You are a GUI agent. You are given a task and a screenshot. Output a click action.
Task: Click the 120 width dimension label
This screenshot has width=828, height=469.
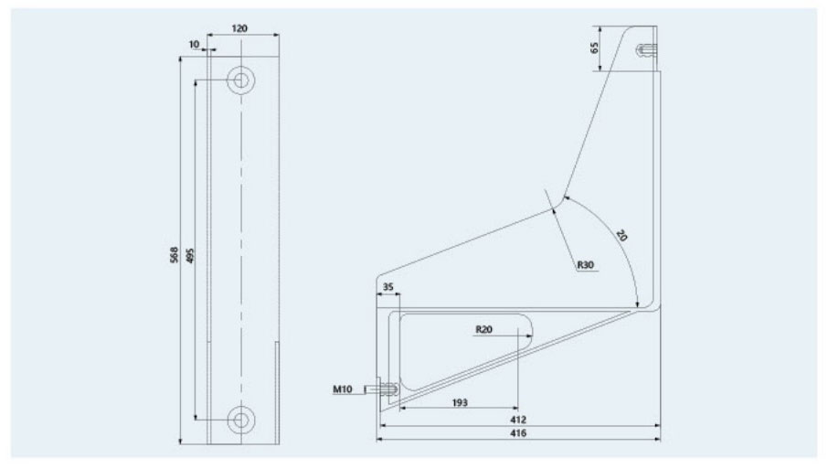click(x=239, y=28)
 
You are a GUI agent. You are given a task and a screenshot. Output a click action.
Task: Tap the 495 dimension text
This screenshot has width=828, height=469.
click(x=190, y=257)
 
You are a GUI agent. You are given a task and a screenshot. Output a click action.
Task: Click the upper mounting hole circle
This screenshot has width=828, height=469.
click(x=241, y=80)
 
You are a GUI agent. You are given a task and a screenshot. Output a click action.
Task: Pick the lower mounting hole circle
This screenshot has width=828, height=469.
click(x=241, y=419)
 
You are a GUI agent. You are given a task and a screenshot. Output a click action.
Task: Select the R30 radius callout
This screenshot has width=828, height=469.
click(x=586, y=265)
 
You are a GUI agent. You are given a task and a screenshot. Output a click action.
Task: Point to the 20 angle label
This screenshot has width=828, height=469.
click(x=621, y=235)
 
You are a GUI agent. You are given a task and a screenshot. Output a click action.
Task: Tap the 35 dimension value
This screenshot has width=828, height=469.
click(x=387, y=287)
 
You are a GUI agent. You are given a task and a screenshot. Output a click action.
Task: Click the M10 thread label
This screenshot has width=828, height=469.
click(x=344, y=390)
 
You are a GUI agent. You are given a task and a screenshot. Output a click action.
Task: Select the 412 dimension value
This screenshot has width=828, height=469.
click(x=519, y=419)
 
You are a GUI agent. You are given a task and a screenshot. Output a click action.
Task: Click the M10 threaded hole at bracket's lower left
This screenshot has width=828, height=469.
click(x=387, y=391)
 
